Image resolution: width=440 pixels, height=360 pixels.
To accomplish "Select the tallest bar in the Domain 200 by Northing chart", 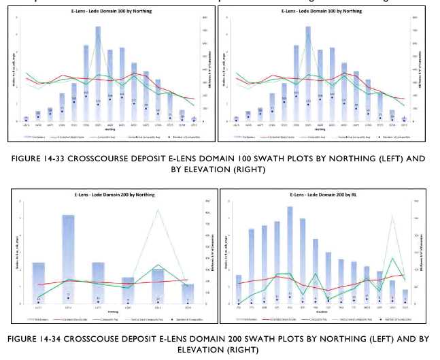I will point(68,259).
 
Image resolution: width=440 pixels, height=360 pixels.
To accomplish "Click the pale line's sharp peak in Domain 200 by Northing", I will point(158,210).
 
